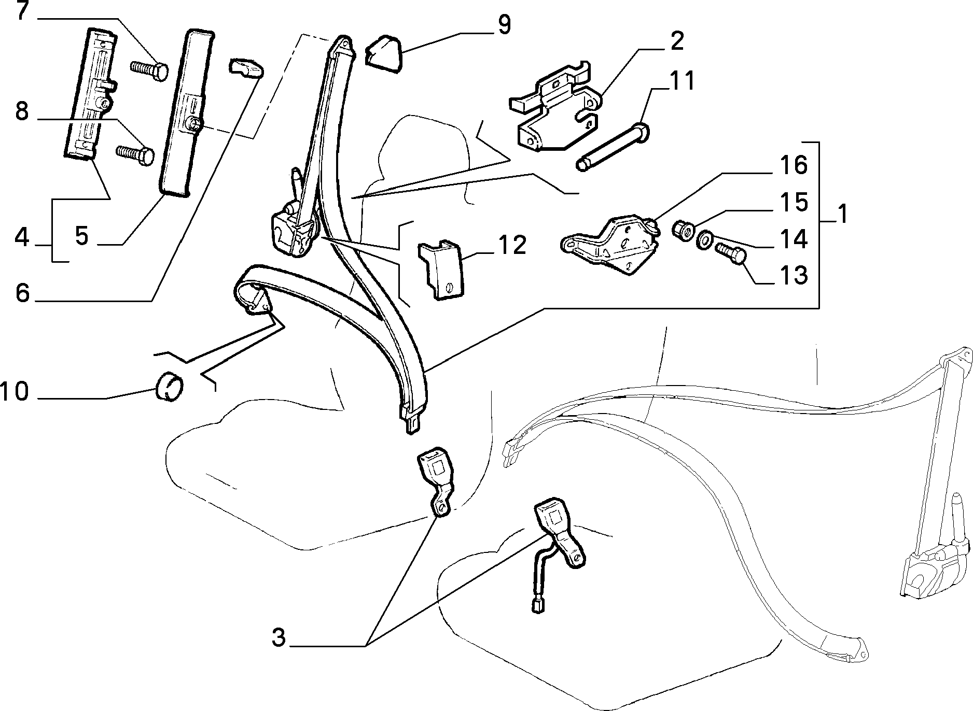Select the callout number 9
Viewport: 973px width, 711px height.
(503, 24)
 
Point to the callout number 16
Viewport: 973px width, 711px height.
(793, 165)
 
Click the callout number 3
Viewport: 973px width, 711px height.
(279, 637)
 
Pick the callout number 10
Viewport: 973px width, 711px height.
(15, 391)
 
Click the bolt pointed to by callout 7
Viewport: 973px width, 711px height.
(148, 70)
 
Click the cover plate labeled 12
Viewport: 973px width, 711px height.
(440, 269)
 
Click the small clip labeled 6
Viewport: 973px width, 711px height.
(245, 69)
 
